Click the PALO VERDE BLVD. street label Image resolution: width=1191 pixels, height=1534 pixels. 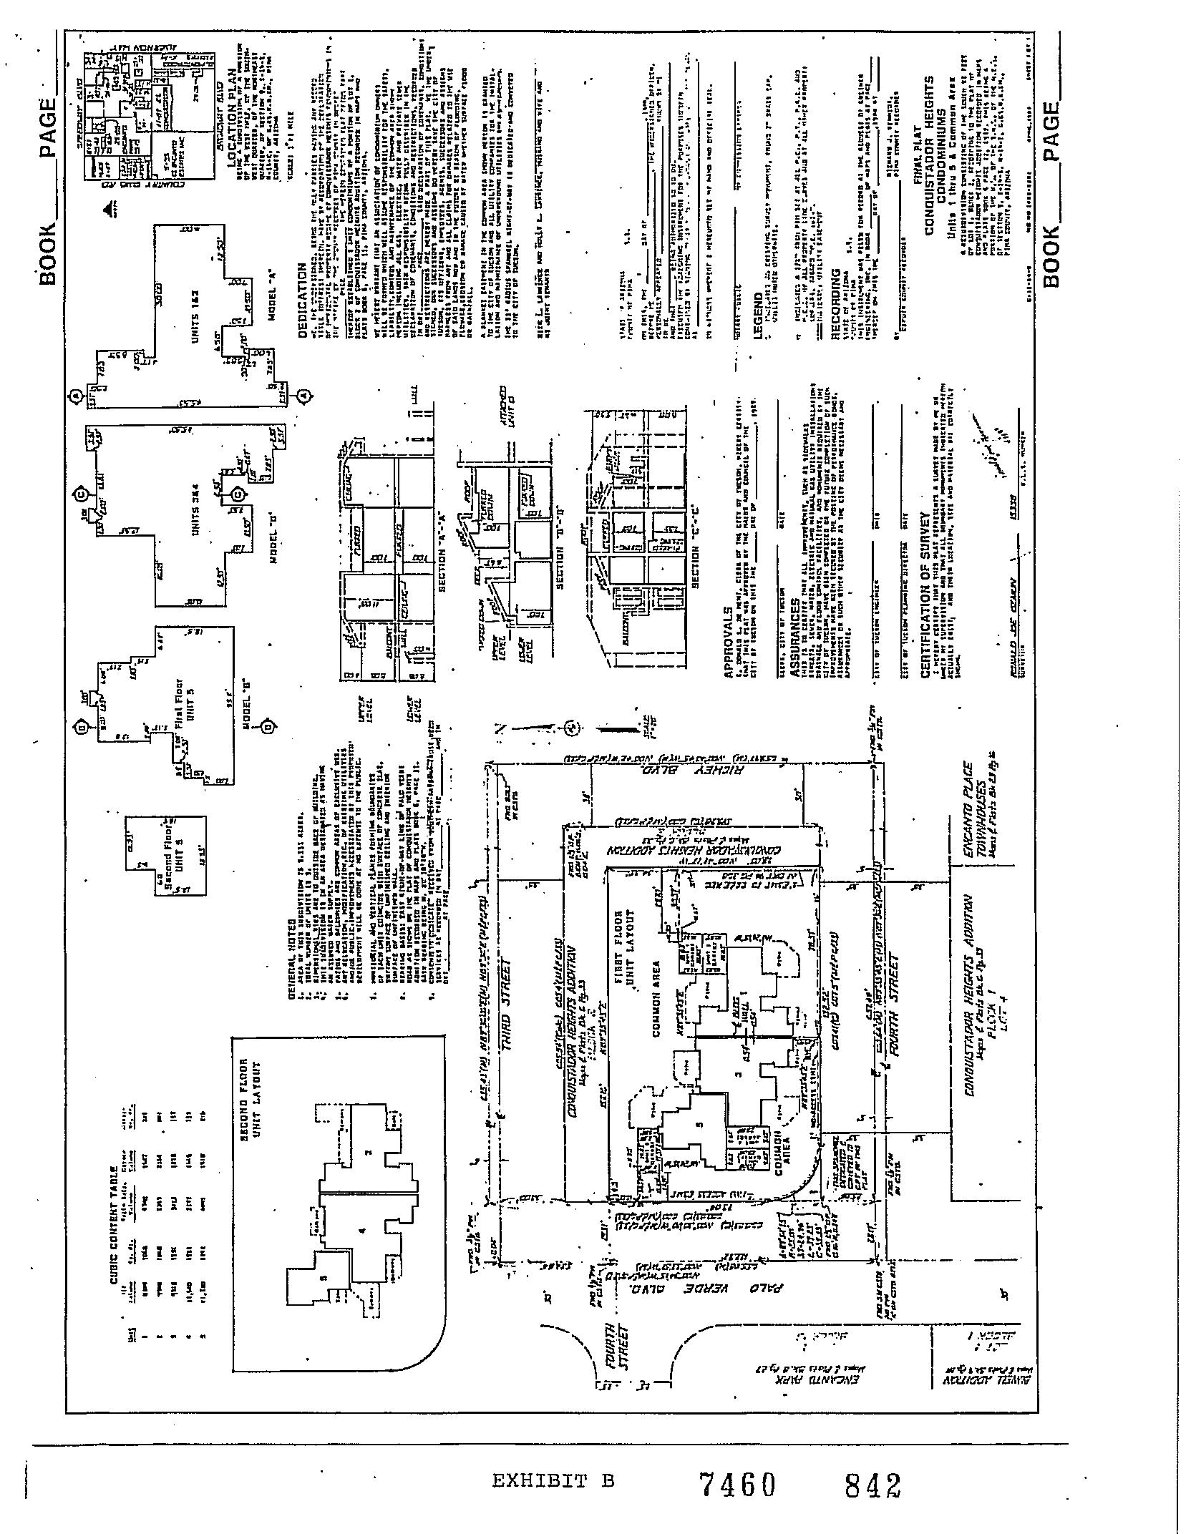tap(719, 1287)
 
